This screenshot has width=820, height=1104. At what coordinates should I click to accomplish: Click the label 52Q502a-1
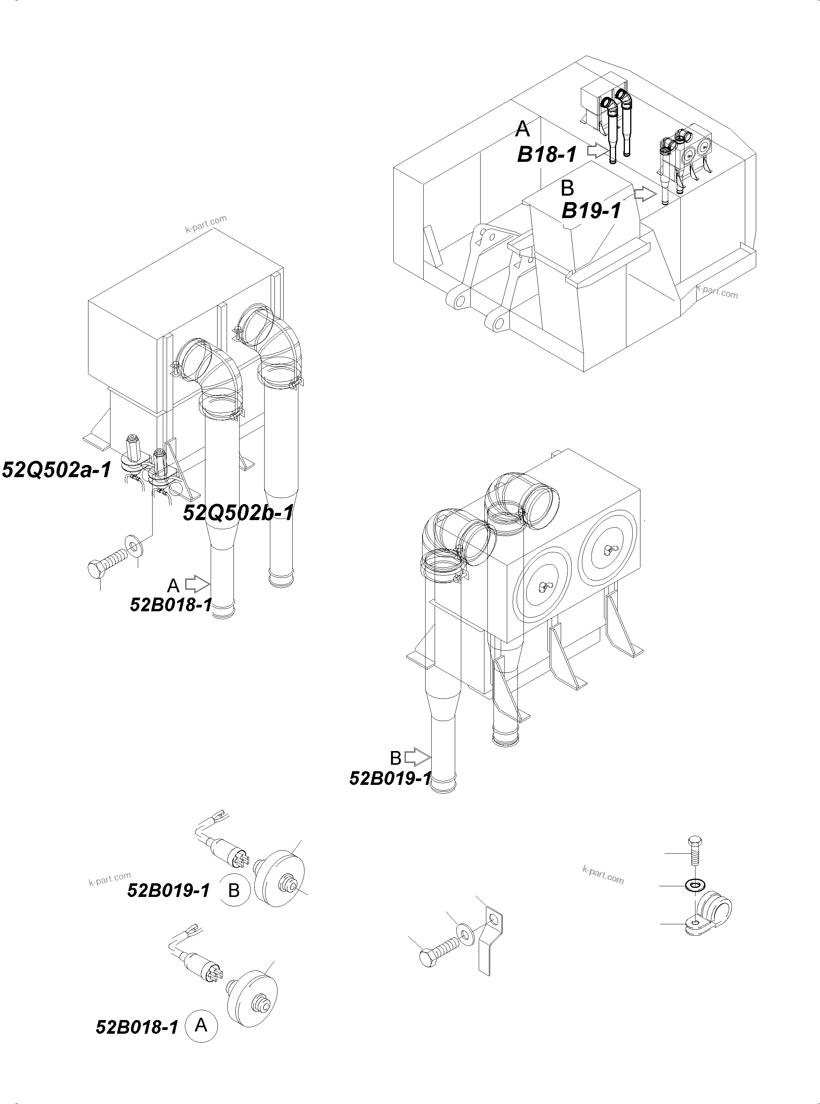point(57,469)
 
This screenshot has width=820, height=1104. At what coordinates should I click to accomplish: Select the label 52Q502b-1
point(238,512)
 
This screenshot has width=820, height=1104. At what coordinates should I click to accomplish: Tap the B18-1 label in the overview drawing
point(547,155)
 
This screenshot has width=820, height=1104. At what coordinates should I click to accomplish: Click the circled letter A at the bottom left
point(201,1025)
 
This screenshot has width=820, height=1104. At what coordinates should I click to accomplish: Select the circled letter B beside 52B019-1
point(234,890)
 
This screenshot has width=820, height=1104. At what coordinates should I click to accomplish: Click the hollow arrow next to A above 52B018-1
point(197,584)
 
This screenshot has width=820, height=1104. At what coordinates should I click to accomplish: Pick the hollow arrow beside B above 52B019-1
point(417,758)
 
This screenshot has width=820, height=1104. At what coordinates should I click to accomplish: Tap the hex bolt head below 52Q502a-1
point(96,569)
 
